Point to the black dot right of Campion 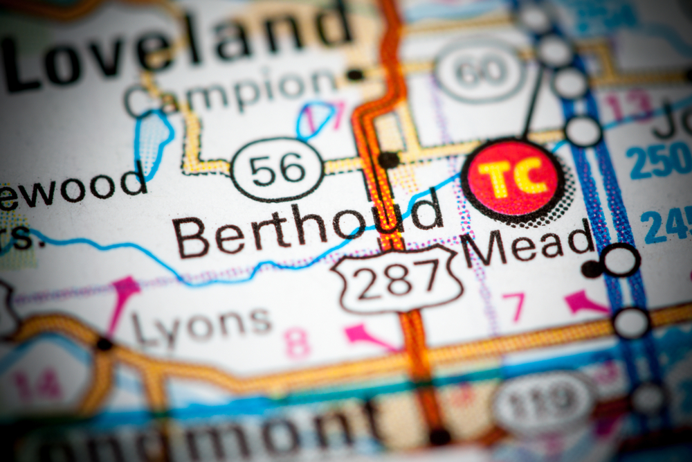pos(355,75)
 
